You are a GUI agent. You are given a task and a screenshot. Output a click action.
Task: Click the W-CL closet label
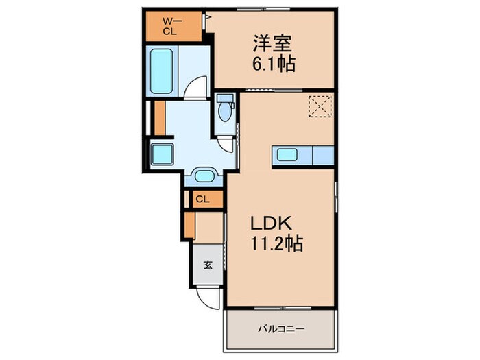pyautogui.click(x=169, y=26)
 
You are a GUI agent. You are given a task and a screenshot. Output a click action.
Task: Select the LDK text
pyautogui.click(x=271, y=224)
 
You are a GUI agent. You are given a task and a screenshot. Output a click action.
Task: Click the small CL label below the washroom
pyautogui.click(x=202, y=200)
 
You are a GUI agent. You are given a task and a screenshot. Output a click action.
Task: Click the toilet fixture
pyautogui.click(x=224, y=110)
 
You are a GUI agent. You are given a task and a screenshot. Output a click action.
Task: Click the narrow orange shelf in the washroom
pyautogui.click(x=160, y=117)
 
